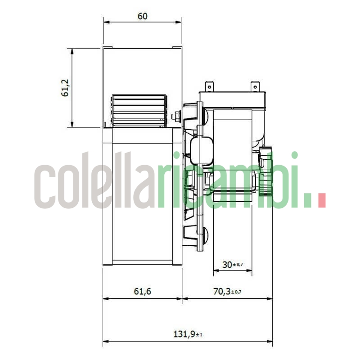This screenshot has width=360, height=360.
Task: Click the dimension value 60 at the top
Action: pos(142,16)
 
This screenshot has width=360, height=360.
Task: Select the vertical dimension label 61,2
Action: pos(66,88)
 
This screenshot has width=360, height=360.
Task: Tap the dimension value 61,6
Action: pos(142,292)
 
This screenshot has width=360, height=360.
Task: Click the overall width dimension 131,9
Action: pos(184,334)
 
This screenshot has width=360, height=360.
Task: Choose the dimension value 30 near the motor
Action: pos(228,265)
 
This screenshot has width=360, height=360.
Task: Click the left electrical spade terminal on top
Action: pos(208,85)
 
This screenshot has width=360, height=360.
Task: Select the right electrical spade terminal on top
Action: pos(255,85)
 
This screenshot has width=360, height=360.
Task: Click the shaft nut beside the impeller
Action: pos(175,117)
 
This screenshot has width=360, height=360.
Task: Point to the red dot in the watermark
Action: pos(321,200)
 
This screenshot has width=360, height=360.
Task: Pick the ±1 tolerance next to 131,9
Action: pos(199,335)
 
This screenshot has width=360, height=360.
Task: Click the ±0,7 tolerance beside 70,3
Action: pos(236,292)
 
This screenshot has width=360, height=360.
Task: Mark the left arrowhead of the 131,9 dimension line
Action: pos(106,342)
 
